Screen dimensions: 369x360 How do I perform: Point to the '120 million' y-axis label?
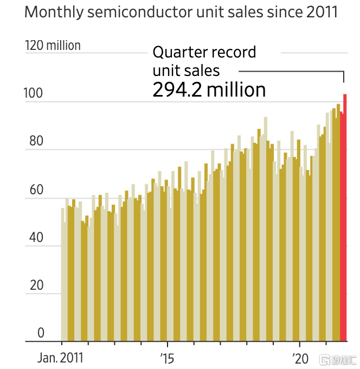tap(53, 46)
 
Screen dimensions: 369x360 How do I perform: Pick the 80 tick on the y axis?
tap(35, 141)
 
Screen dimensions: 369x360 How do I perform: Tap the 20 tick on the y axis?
tap(35, 285)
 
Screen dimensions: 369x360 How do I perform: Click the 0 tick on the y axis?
tap(40, 333)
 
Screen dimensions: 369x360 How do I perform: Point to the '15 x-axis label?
tap(167, 359)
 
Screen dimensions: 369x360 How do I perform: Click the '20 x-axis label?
tap(300, 359)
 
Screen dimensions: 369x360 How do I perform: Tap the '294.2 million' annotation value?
tap(209, 90)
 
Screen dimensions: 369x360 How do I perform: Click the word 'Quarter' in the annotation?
tap(178, 53)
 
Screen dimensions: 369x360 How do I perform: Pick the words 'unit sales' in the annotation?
tap(186, 71)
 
